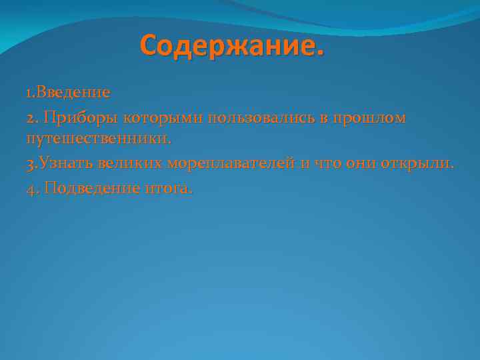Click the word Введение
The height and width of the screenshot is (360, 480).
(x=73, y=91)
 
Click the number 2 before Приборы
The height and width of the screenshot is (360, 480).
(x=30, y=118)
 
